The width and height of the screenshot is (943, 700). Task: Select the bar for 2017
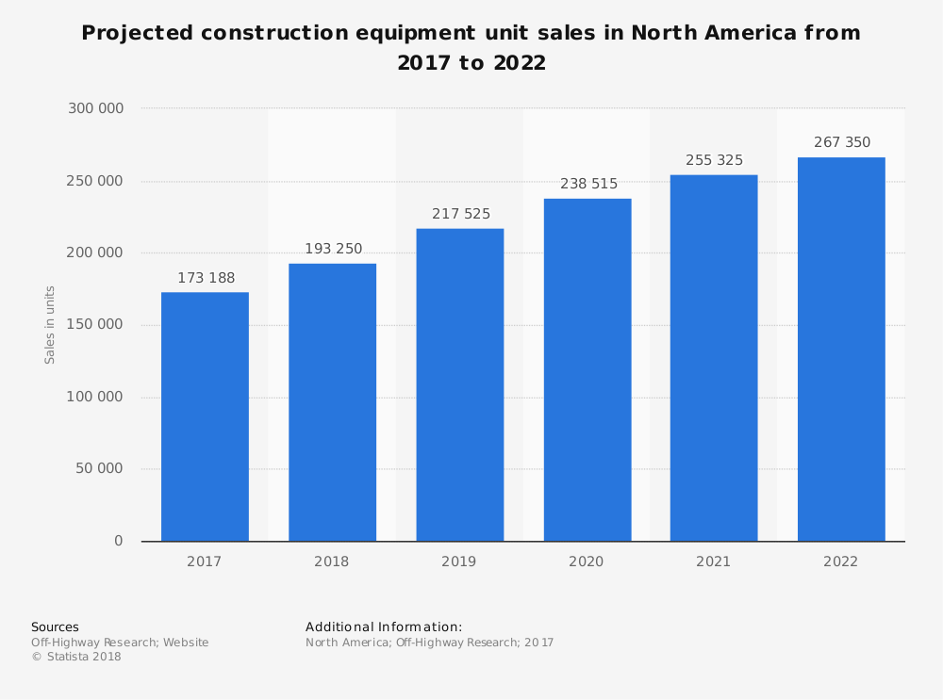205,416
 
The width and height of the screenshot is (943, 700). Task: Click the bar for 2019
459,384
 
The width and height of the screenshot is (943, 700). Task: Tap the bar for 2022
841,349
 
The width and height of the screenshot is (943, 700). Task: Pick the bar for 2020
587,369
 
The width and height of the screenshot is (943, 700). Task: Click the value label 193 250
333,249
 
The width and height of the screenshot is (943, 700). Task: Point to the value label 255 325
714,160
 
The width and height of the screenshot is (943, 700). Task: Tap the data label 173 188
206,278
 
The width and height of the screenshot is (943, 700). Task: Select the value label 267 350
841,142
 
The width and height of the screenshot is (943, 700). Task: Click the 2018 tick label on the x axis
332,562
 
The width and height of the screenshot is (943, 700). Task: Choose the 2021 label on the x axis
714,562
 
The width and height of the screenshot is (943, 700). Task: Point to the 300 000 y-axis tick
95,108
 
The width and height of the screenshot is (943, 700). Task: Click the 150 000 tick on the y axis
95,325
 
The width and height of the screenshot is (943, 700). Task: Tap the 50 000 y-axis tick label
99,469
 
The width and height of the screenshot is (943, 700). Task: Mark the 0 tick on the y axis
119,541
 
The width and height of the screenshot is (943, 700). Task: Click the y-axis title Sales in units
50,325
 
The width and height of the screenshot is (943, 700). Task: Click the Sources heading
55,627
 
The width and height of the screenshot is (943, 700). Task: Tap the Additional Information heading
384,627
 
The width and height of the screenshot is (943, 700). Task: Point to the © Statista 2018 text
76,657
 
